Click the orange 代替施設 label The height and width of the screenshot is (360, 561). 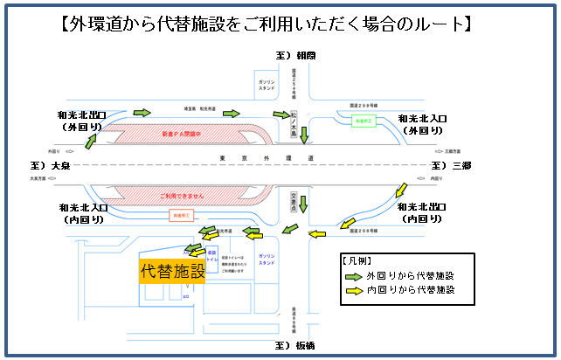click(173, 271)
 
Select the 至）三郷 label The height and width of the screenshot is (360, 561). click(451, 164)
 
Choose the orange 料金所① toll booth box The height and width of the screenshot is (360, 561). click(180, 214)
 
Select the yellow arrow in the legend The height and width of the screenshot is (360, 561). click(352, 289)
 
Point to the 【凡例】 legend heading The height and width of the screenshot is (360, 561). click(356, 260)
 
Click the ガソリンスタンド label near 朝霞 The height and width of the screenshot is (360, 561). click(267, 86)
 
